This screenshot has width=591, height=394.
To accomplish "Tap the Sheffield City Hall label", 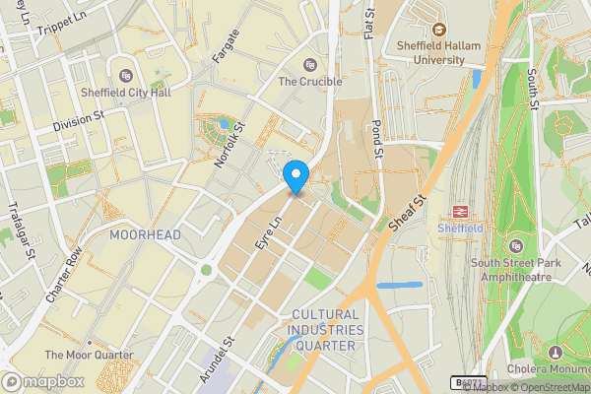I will click(x=125, y=94).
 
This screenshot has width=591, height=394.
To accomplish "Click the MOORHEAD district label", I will click(x=145, y=236).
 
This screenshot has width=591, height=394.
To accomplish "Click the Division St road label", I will click(x=79, y=120).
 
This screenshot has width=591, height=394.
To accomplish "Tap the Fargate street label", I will click(x=226, y=47).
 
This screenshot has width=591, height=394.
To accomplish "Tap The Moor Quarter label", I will click(x=89, y=355).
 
